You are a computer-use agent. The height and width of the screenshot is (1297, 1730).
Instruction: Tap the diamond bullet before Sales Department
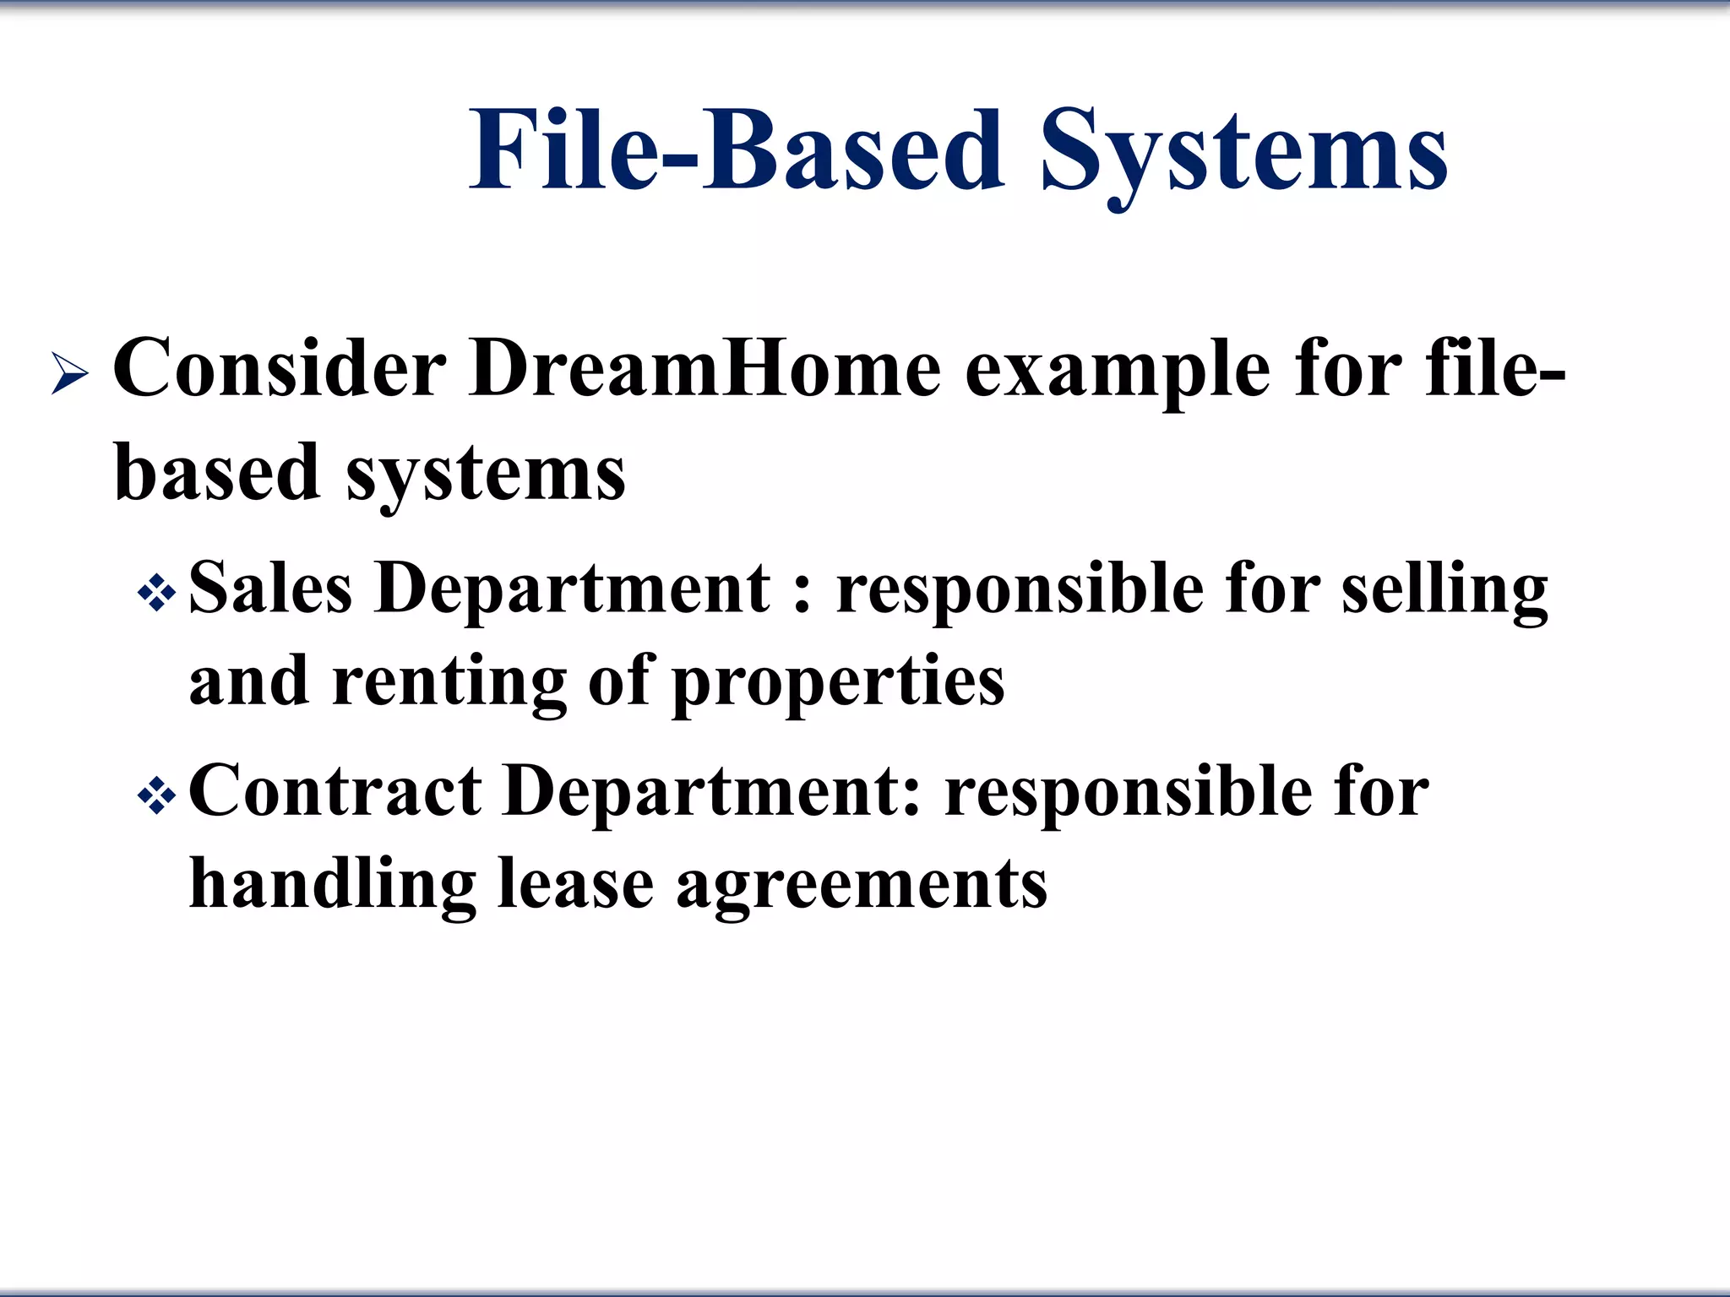157,594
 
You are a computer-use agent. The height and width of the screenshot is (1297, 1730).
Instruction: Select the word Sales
270,588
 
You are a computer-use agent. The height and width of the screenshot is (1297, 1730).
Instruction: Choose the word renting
449,682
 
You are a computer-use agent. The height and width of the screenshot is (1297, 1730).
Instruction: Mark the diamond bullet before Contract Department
157,796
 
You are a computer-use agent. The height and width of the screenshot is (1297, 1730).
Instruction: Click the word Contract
335,791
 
